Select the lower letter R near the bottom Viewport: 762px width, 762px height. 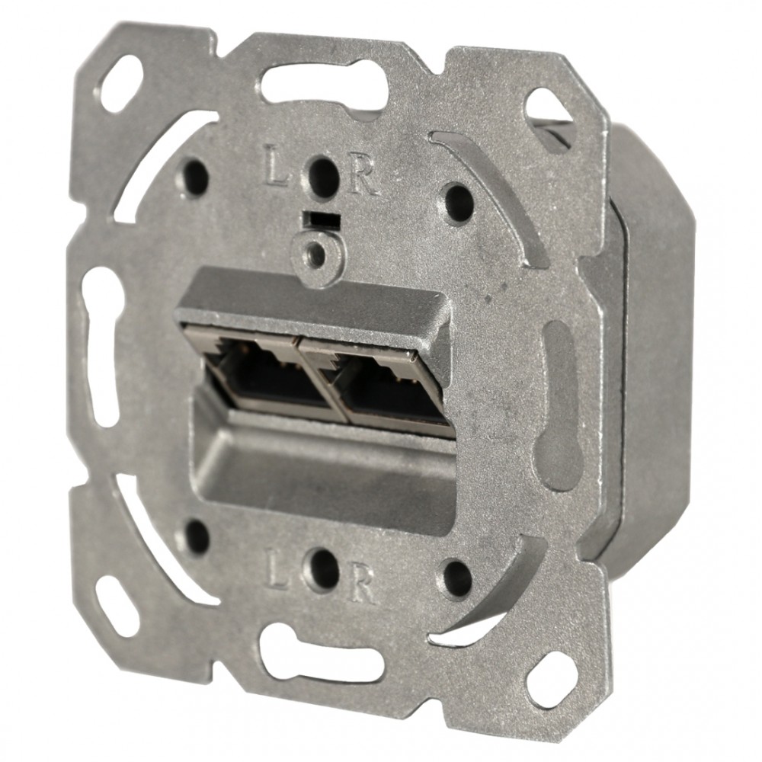click(x=362, y=584)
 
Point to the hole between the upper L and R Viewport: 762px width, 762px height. click(x=322, y=174)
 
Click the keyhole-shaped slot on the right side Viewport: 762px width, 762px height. click(x=560, y=404)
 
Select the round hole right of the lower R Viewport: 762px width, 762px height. click(x=457, y=577)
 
